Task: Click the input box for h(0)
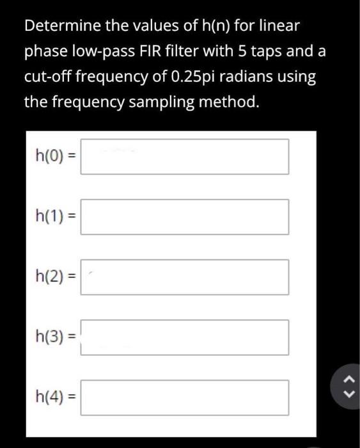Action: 184,157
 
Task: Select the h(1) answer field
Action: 184,217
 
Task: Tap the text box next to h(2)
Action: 184,277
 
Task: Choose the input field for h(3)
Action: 184,337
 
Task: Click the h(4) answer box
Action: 184,397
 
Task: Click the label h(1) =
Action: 56,218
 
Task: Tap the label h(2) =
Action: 56,278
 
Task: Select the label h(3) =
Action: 56,338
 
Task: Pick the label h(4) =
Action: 56,398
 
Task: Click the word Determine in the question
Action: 56,27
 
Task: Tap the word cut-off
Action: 48,77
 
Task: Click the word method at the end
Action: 231,102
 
